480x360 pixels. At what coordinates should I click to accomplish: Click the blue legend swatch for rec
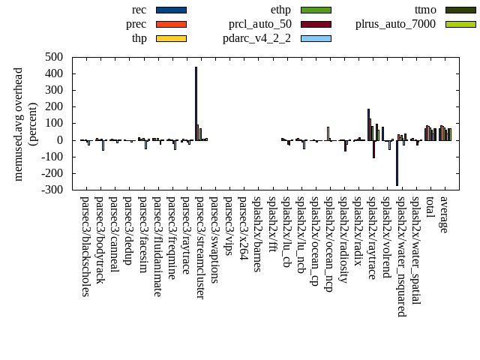coord(171,10)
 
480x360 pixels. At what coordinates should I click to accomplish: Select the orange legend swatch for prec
coord(171,24)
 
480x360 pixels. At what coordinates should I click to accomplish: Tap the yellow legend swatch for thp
coord(171,38)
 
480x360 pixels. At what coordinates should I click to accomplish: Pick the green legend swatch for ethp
coord(316,10)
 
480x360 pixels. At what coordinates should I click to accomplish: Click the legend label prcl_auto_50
coord(260,24)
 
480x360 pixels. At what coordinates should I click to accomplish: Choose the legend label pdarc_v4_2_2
coord(256,38)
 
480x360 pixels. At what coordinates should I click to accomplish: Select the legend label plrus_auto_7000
coord(395,24)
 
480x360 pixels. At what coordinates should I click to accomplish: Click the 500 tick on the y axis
coord(53,57)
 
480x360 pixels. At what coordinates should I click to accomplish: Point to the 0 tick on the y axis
coord(60,140)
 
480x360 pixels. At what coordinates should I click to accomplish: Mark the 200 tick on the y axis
coord(53,106)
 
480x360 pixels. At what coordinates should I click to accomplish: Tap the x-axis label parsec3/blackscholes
coord(85,247)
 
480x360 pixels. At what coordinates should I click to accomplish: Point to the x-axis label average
coord(444,214)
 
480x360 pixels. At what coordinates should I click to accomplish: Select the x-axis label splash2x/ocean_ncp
coord(328,244)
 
